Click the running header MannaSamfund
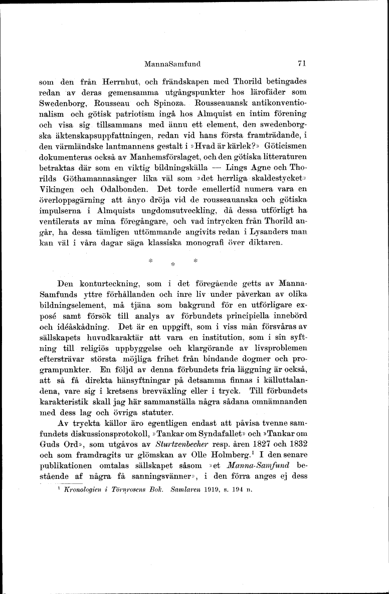tap(172, 64)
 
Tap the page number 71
tap(301, 64)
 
